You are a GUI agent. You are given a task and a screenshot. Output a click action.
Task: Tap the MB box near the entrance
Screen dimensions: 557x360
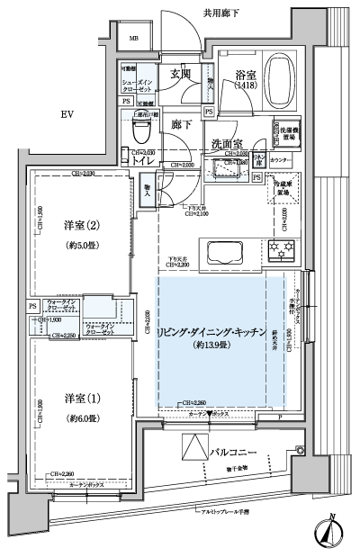(133, 39)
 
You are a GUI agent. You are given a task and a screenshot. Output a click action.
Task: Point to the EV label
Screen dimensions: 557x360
(67, 114)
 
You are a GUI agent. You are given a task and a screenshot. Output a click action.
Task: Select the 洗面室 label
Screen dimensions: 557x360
(229, 143)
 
